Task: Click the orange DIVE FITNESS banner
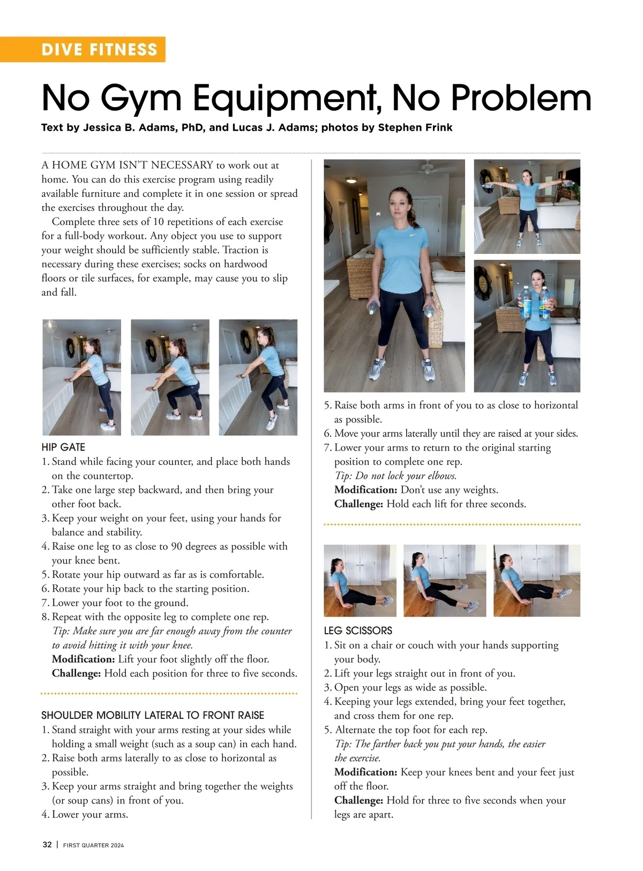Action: [x=100, y=49]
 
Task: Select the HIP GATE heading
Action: [x=63, y=447]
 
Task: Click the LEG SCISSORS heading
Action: [x=358, y=630]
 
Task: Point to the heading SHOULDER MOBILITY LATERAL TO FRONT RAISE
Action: [x=153, y=715]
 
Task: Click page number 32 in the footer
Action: [x=47, y=845]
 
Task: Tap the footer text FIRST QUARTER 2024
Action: [x=93, y=845]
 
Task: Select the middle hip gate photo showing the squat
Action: [x=170, y=377]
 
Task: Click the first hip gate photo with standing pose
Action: [x=81, y=377]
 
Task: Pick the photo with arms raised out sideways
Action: [x=527, y=206]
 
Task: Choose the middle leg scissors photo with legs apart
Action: [x=444, y=581]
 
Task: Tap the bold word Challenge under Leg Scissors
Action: [x=358, y=800]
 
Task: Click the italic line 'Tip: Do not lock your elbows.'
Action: [x=395, y=476]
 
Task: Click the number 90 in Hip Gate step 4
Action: [x=177, y=546]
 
